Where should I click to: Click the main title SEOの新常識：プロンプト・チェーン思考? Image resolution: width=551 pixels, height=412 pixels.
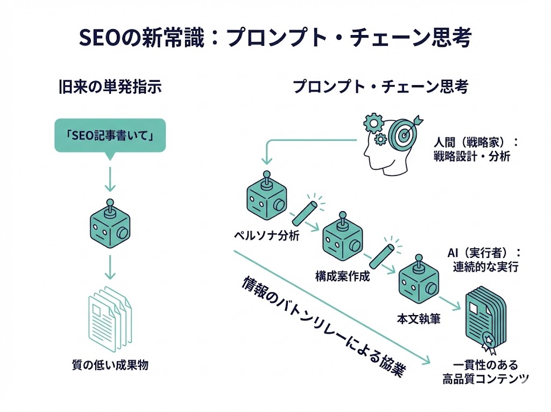click(275, 38)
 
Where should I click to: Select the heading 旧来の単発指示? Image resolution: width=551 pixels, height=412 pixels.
click(110, 87)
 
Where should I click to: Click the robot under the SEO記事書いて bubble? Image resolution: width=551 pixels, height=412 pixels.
click(110, 225)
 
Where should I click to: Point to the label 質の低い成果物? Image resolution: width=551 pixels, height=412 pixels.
click(110, 365)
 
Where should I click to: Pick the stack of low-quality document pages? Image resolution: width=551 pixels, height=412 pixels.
click(110, 318)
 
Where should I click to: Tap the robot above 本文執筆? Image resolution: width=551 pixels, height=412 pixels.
click(418, 283)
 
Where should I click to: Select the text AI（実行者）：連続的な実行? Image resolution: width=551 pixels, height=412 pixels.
click(484, 260)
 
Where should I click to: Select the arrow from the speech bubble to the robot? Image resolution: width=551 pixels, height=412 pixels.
click(110, 178)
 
